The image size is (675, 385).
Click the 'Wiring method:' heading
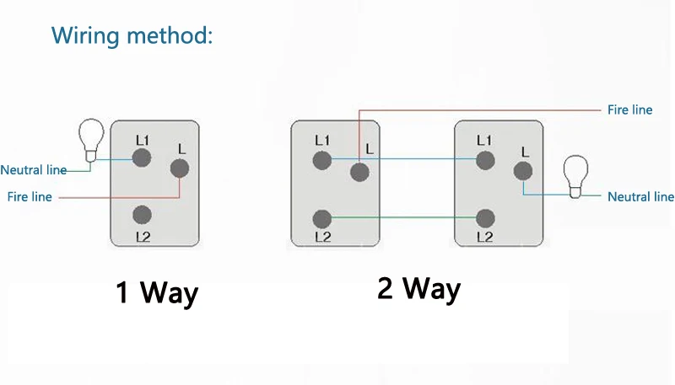[x=132, y=35]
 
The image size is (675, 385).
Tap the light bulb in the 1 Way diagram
[x=90, y=141]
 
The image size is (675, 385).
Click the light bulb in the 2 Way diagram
[x=576, y=174]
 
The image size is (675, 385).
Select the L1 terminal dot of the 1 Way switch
[x=142, y=156]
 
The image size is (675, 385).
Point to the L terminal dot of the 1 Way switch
[x=179, y=168]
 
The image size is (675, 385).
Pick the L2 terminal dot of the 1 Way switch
[x=142, y=215]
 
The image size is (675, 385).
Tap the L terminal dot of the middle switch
[x=360, y=172]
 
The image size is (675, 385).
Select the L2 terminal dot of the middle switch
[x=321, y=218]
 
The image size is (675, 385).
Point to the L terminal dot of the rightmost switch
[x=523, y=172]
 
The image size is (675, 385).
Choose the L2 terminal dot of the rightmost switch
[x=484, y=218]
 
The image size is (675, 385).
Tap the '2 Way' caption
[x=418, y=288]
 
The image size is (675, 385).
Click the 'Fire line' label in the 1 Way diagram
[x=30, y=196]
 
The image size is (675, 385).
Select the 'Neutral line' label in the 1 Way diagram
[x=33, y=170]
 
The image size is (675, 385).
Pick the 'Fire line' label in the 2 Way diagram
[x=629, y=110]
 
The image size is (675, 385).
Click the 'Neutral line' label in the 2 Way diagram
[x=640, y=196]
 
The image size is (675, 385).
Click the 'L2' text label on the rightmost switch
[x=484, y=238]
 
